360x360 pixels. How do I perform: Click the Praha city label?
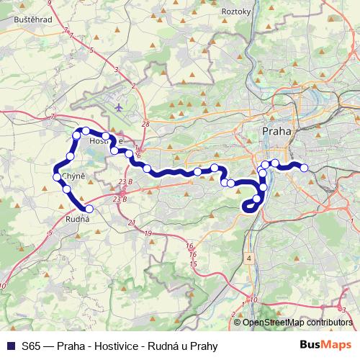tap(277, 132)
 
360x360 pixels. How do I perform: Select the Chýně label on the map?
tap(74, 176)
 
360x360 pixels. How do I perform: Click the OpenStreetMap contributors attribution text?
tap(298, 323)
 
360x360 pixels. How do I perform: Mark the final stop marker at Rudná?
tap(89, 209)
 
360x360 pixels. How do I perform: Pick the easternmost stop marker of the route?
tap(304, 168)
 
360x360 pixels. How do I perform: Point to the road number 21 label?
tap(131, 224)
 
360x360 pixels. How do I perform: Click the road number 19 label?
tap(148, 234)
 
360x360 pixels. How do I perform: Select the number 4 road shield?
tap(248, 257)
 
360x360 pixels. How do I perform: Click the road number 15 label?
tap(193, 264)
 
